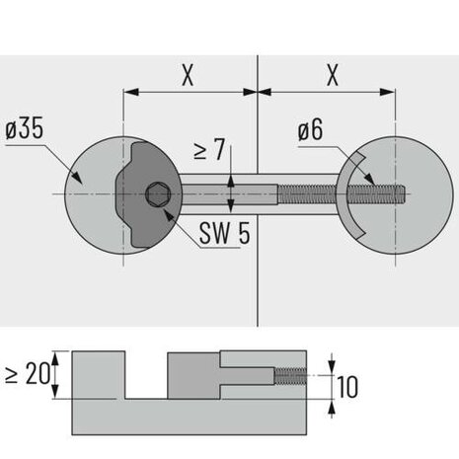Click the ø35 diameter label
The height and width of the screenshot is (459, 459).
pyautogui.click(x=25, y=129)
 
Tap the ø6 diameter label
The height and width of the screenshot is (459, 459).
pyautogui.click(x=310, y=130)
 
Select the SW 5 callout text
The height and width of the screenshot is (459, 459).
pyautogui.click(x=225, y=233)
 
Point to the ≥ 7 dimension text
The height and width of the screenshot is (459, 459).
pyautogui.click(x=209, y=149)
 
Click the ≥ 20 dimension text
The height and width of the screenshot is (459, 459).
pyautogui.click(x=28, y=374)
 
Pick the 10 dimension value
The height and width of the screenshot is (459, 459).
pyautogui.click(x=347, y=387)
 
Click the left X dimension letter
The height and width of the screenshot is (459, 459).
pyautogui.click(x=188, y=75)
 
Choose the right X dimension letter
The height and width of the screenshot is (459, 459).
pyautogui.click(x=333, y=75)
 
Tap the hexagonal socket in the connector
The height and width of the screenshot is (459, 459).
pyautogui.click(x=158, y=194)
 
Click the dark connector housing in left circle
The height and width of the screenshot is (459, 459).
pyautogui.click(x=148, y=194)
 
